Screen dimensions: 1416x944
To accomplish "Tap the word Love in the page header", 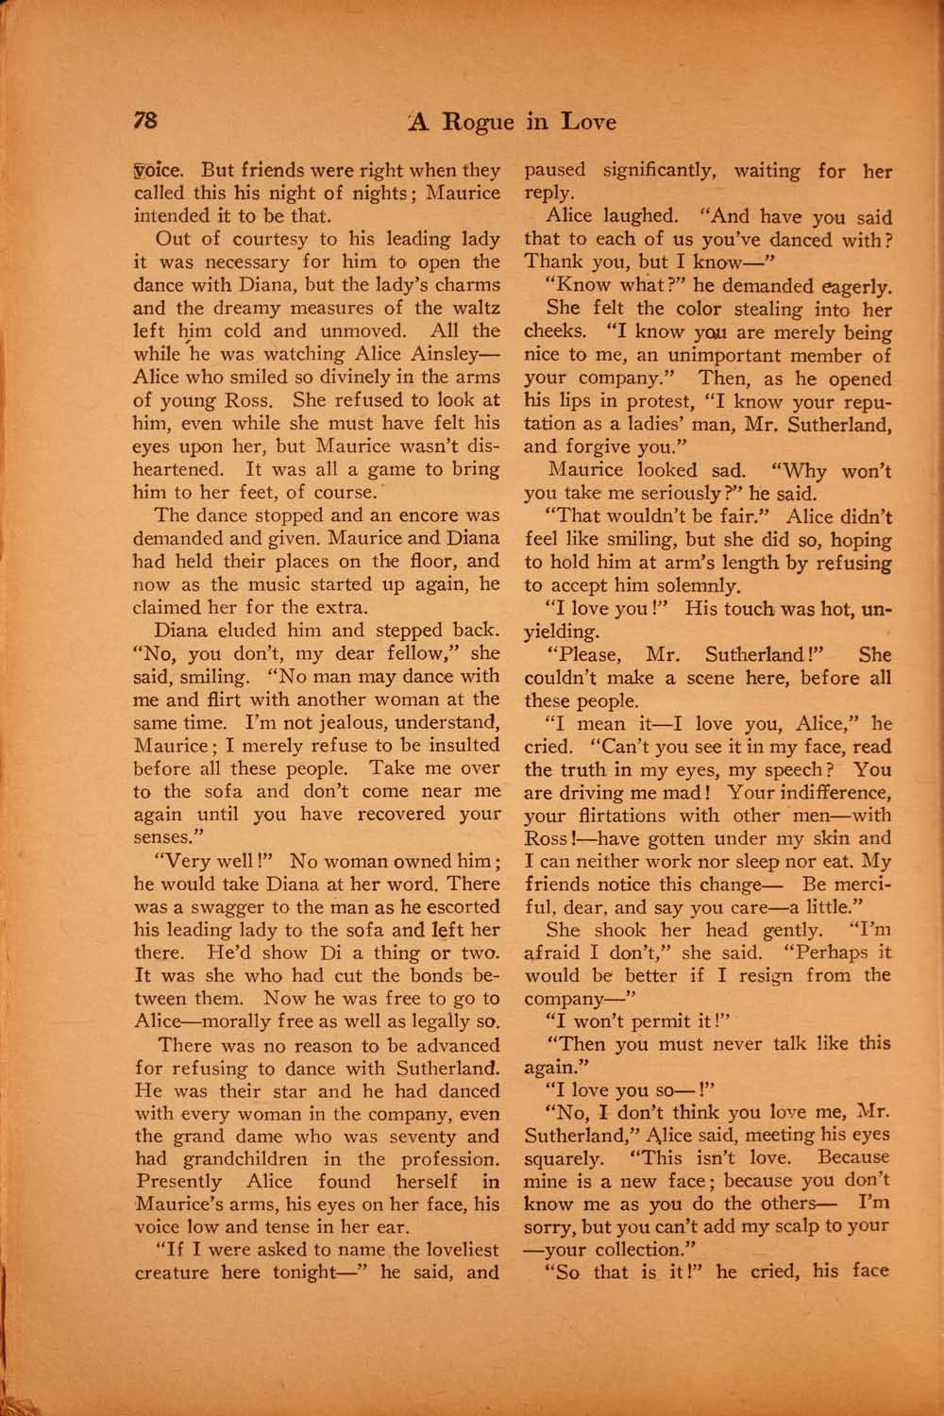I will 588,122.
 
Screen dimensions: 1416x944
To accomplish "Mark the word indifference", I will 827,793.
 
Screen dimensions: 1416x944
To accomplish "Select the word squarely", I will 564,1158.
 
